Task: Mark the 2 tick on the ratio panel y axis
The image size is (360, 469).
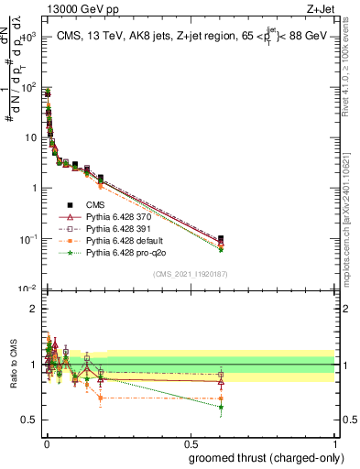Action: [33, 310]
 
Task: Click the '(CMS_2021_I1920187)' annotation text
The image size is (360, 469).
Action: [191, 273]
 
